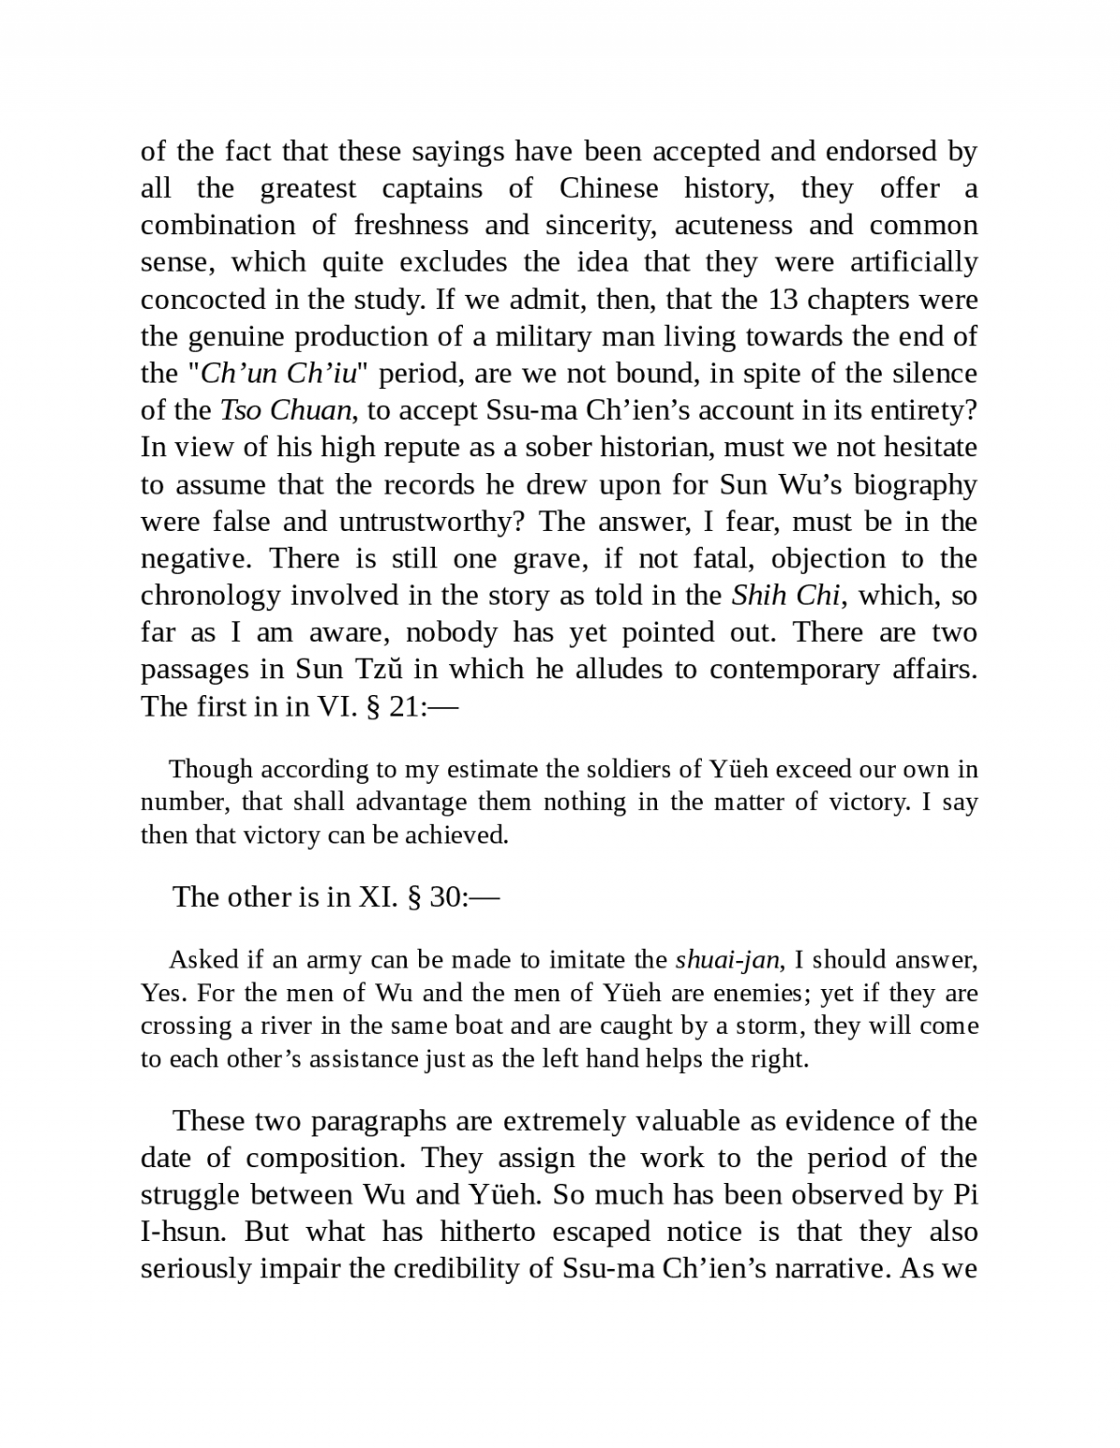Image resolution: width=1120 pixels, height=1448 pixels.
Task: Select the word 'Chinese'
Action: (609, 188)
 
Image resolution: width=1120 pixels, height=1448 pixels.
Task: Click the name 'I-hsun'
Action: (184, 1232)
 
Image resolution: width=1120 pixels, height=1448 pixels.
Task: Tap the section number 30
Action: (445, 897)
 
